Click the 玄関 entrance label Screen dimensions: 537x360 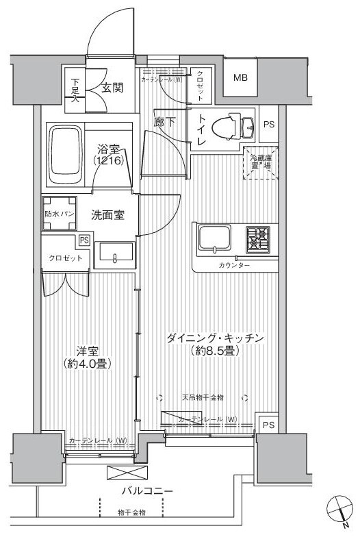click(113, 87)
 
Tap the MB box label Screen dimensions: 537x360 click(240, 77)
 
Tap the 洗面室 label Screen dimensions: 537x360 click(107, 214)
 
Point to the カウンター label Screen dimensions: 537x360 click(235, 265)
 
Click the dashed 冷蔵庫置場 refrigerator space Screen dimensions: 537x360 click(259, 163)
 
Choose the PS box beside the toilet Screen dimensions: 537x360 click(269, 124)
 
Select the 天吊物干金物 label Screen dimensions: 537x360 click(202, 397)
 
